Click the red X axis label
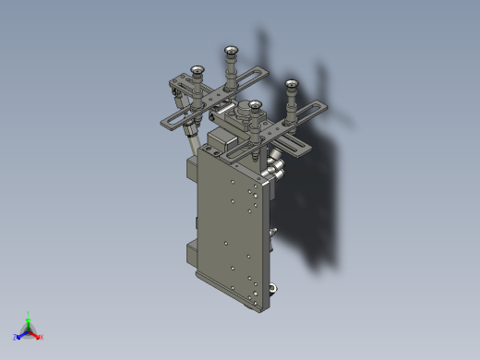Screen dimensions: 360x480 (41, 337)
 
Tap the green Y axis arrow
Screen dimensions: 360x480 (29, 319)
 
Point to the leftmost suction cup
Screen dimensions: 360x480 (196, 68)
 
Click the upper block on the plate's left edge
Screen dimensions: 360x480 (192, 171)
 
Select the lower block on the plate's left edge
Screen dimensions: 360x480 (192, 251)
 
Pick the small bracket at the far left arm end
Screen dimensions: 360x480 (175, 89)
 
